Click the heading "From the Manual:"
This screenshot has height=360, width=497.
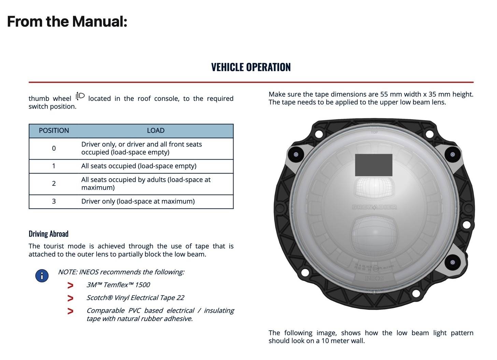(67, 22)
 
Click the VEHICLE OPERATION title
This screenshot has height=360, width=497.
(251, 67)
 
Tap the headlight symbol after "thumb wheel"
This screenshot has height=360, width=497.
(80, 97)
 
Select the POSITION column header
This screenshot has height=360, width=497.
(54, 130)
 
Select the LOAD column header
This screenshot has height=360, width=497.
(156, 130)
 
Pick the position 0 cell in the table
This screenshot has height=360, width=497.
(54, 148)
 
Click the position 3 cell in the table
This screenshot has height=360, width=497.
(54, 201)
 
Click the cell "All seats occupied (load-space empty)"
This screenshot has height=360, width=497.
(139, 166)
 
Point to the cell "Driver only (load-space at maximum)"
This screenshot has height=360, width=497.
(138, 201)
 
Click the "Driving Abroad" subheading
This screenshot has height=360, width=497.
(48, 234)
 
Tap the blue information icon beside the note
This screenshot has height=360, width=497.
(42, 275)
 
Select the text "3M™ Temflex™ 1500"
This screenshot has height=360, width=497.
(118, 285)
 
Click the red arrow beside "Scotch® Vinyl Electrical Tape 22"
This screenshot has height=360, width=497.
(70, 298)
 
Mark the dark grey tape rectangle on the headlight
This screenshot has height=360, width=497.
(373, 165)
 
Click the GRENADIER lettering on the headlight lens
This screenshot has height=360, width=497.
(374, 207)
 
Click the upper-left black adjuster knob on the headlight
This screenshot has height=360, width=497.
(296, 154)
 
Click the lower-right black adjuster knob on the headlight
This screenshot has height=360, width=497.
(453, 262)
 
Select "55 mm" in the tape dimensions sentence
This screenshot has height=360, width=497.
(389, 94)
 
